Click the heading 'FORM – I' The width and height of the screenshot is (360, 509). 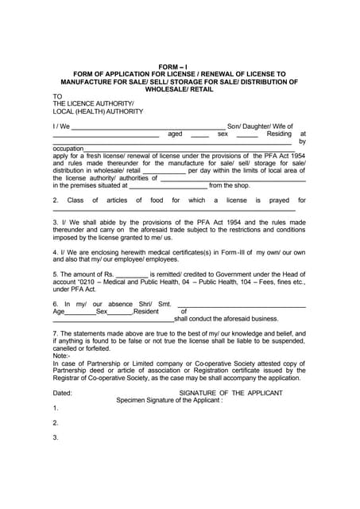[180, 68]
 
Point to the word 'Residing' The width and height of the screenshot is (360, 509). [279, 134]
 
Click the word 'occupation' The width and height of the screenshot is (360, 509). [68, 149]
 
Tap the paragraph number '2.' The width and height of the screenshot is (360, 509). [56, 200]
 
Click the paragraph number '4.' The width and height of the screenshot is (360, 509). [56, 251]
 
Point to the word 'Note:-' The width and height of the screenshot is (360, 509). [62, 356]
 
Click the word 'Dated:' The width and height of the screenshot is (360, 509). [63, 393]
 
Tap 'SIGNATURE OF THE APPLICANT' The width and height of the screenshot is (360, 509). [230, 393]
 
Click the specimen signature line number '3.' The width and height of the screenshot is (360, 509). [56, 437]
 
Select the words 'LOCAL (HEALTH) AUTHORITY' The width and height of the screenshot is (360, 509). [98, 111]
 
